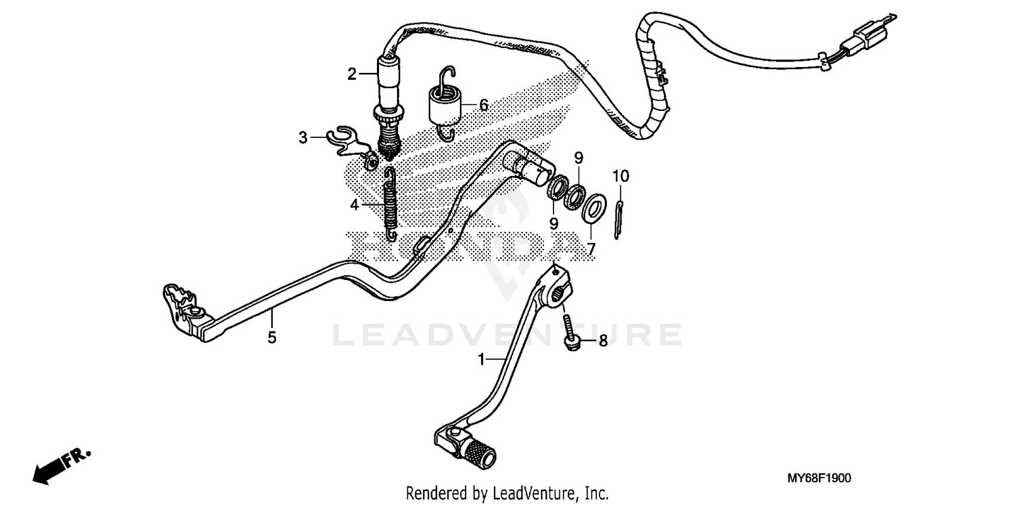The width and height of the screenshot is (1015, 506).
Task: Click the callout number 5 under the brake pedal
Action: [272, 338]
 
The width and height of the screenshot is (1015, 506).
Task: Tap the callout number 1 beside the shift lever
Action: [482, 360]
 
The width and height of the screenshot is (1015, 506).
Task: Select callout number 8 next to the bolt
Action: [603, 341]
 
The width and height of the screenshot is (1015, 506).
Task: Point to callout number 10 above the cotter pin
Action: [621, 176]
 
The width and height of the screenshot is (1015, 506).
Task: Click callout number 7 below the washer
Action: [591, 249]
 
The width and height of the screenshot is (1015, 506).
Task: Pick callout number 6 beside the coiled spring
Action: [484, 105]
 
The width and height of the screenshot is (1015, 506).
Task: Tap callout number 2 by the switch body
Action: [352, 74]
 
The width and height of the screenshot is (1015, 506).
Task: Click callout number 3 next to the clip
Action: [303, 137]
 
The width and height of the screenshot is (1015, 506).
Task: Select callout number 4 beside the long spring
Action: [355, 205]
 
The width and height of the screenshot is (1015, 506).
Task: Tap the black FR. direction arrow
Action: [62, 467]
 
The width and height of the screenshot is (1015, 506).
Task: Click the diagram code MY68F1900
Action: [819, 478]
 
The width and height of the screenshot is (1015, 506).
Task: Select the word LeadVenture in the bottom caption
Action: [531, 493]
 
